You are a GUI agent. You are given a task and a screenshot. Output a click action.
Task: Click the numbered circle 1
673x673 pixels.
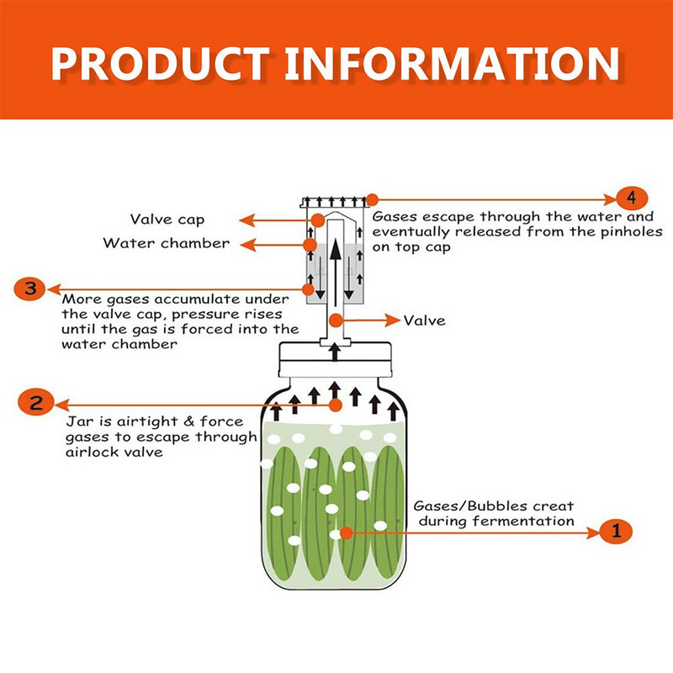617,531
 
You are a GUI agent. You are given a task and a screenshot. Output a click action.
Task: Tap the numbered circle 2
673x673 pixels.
36,404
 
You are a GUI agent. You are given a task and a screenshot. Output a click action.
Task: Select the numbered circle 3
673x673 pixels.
29,289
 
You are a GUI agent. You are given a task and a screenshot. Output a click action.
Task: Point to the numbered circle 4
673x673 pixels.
631,198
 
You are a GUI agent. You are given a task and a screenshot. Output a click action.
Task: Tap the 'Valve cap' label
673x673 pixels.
167,220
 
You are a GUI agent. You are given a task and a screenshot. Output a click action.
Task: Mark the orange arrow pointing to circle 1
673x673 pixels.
471,532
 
